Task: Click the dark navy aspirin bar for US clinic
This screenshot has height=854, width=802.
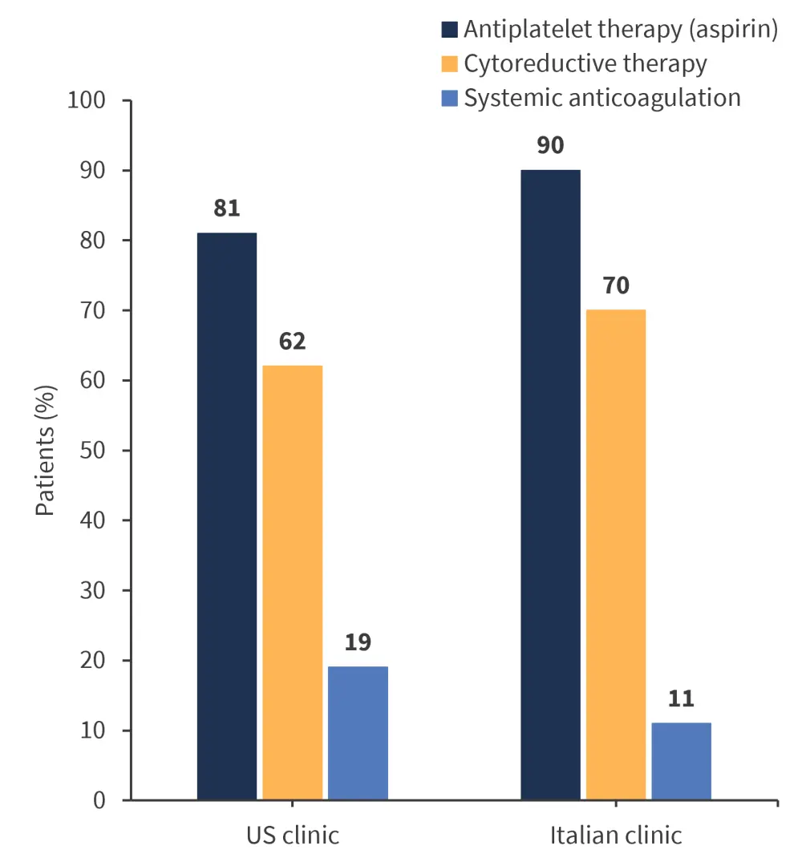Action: [x=227, y=516]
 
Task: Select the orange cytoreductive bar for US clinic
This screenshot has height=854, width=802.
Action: [x=293, y=583]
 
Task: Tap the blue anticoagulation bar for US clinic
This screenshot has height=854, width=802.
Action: [x=358, y=733]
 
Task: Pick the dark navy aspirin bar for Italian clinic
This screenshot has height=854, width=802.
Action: [x=550, y=485]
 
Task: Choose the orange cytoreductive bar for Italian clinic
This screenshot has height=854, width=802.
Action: [x=616, y=555]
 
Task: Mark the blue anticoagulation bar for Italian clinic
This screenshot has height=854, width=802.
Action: [x=681, y=761]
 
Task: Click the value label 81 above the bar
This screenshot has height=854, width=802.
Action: [x=227, y=208]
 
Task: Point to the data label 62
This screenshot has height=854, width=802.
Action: [x=293, y=342]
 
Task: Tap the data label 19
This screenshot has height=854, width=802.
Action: [x=358, y=642]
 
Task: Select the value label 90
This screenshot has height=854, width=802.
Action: [x=550, y=146]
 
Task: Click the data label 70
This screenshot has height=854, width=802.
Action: [x=616, y=285]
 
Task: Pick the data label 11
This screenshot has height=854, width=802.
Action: [x=681, y=698]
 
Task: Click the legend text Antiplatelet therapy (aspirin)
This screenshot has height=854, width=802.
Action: [x=622, y=30]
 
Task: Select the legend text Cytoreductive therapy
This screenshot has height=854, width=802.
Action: [x=585, y=63]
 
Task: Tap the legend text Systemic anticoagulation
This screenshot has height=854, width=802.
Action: [x=602, y=98]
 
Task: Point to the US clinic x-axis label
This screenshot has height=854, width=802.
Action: [x=292, y=835]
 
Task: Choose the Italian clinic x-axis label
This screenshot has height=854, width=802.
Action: [x=616, y=835]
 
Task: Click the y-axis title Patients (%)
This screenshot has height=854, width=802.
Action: [x=46, y=451]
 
